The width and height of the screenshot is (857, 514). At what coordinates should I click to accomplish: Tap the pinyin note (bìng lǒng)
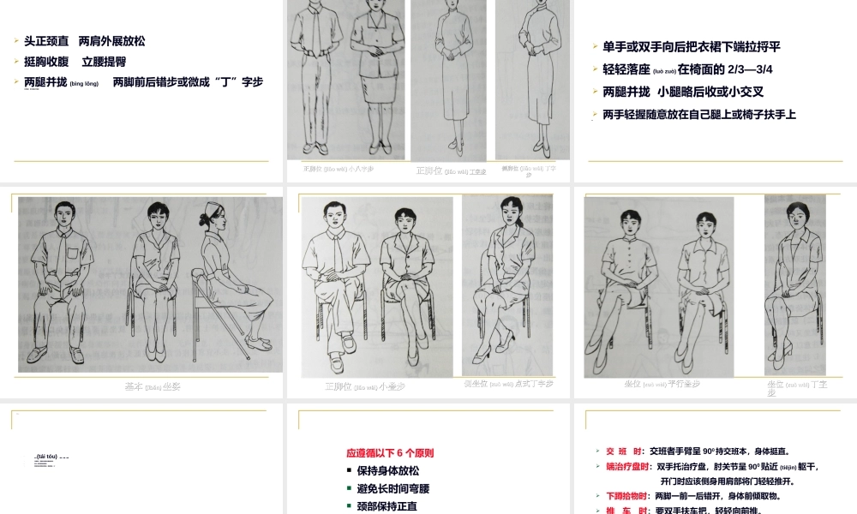(x=84, y=83)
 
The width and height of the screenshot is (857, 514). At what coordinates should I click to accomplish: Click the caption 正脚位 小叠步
(x=364, y=386)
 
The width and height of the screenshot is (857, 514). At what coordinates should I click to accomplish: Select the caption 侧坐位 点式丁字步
(x=507, y=383)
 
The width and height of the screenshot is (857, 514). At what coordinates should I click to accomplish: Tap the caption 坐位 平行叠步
(x=662, y=383)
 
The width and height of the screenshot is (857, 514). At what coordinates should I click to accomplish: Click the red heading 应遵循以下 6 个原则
(x=396, y=452)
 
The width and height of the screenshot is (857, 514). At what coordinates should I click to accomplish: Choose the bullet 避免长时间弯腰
(x=393, y=488)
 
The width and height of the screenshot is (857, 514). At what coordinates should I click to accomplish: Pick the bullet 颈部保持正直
(x=387, y=505)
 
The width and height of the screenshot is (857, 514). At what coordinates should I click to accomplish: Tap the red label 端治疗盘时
(x=628, y=466)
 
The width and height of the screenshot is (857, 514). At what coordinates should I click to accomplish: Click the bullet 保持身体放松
(x=387, y=470)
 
